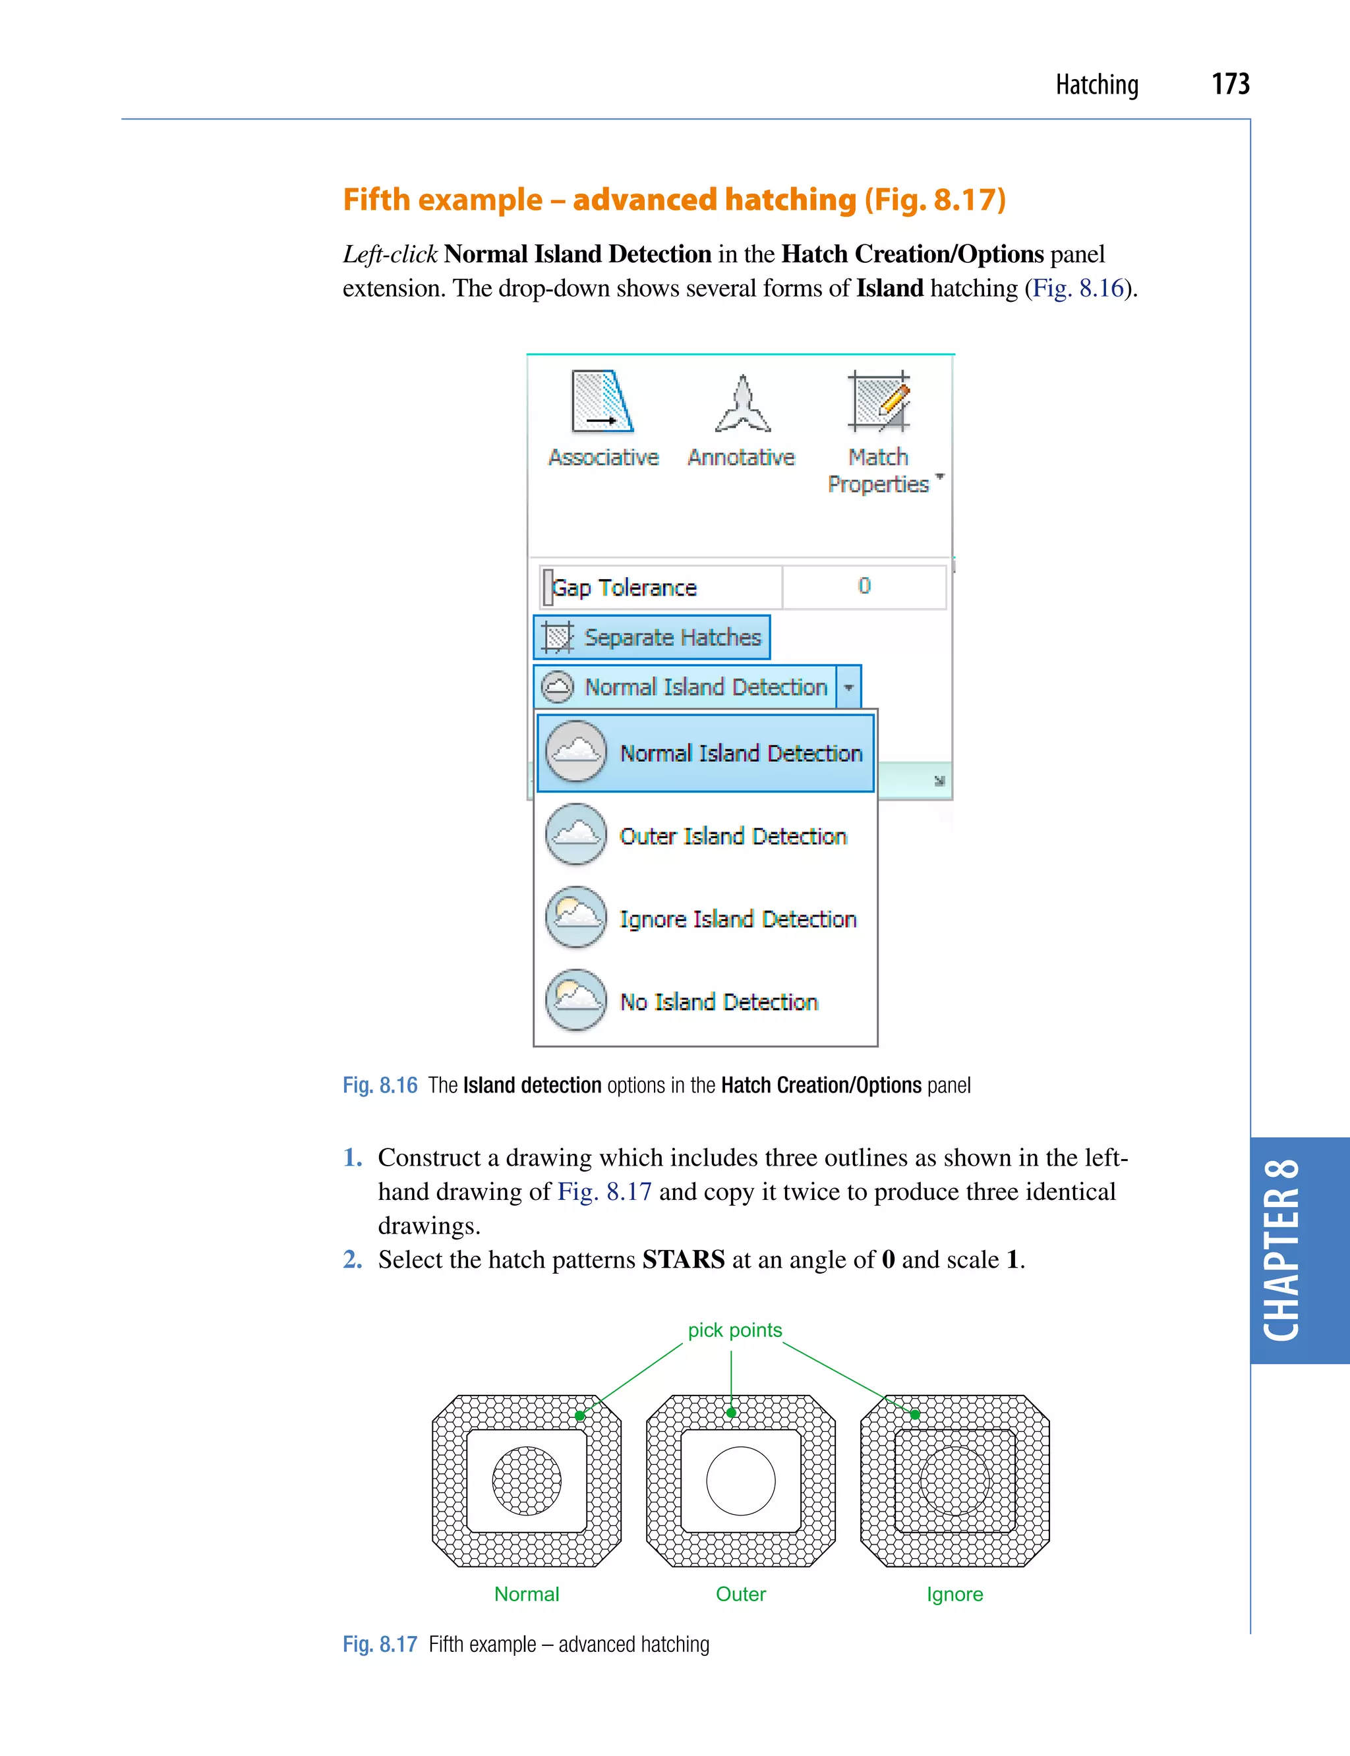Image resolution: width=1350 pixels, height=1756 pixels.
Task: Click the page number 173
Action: point(1229,84)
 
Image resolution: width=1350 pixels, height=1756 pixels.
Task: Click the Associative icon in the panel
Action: point(602,402)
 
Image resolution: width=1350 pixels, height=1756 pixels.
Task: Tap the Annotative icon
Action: point(742,404)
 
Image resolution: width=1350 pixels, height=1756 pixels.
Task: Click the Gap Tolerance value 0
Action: point(864,586)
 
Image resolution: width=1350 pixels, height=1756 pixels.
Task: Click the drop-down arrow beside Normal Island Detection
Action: point(848,688)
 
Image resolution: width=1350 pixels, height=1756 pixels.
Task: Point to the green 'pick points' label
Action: point(734,1330)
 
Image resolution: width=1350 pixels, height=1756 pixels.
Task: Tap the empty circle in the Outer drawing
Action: point(740,1481)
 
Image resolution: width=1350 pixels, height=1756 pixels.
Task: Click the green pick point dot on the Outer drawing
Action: point(731,1413)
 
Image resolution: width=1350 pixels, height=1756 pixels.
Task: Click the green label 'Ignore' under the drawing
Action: point(954,1595)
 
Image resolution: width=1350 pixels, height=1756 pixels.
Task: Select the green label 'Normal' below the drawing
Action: point(526,1595)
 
